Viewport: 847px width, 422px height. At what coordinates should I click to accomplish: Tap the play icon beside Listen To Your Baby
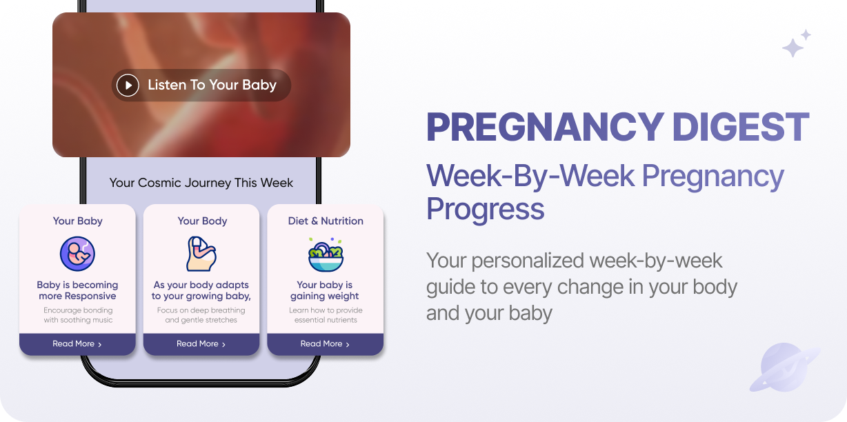tap(128, 85)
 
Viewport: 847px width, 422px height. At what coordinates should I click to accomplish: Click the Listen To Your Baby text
tap(212, 85)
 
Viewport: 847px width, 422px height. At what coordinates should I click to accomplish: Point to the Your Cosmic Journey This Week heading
tap(201, 183)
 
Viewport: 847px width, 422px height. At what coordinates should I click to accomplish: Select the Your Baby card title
tap(77, 221)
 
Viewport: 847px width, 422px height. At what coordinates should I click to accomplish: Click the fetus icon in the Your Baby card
tap(77, 254)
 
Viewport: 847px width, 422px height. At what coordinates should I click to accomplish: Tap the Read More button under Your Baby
tap(77, 343)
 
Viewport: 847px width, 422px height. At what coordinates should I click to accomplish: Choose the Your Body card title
tap(202, 221)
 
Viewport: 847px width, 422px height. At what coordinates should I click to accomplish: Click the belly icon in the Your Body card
tap(201, 254)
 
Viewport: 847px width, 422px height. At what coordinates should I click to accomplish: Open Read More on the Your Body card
tap(201, 343)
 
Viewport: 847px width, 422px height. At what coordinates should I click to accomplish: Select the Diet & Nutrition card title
tap(326, 221)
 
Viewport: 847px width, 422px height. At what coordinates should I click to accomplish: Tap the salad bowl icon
tap(326, 254)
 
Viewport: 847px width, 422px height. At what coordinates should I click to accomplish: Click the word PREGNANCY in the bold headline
tap(545, 127)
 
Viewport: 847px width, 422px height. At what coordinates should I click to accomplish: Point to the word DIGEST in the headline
tap(740, 127)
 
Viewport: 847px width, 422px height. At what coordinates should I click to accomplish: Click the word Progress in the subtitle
tap(485, 209)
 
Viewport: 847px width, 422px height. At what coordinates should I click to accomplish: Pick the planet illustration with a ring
tap(785, 367)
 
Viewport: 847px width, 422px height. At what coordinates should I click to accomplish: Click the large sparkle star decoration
tap(793, 48)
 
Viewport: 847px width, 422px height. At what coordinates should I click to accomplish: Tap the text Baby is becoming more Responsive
tap(77, 290)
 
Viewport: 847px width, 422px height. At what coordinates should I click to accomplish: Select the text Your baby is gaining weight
tap(325, 290)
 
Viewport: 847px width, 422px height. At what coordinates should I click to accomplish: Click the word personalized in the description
tap(528, 261)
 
